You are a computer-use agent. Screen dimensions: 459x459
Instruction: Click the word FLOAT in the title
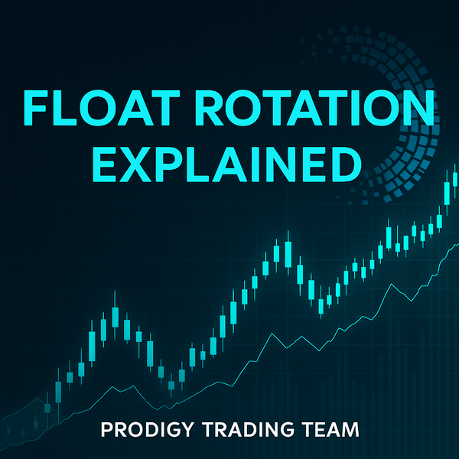pyautogui.click(x=100, y=107)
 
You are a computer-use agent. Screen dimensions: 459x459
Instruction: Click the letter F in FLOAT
pyautogui.click(x=34, y=107)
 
